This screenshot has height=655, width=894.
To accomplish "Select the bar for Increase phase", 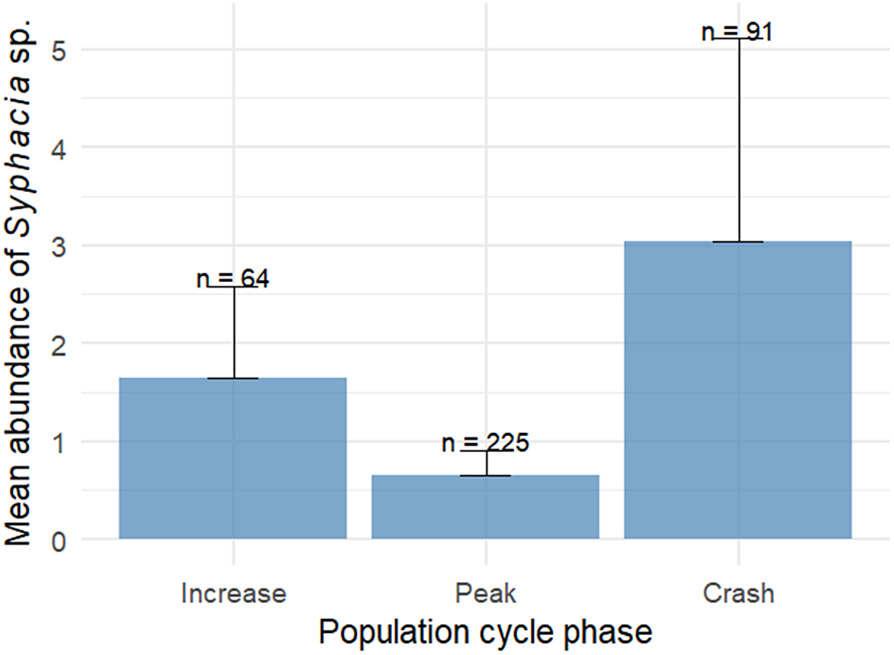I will click(x=233, y=458).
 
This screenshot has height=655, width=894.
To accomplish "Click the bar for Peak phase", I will click(x=485, y=507).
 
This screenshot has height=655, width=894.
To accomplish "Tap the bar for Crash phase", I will click(x=738, y=390).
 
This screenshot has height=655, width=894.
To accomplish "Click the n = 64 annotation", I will click(x=233, y=278).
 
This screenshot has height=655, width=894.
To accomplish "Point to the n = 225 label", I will click(x=485, y=443).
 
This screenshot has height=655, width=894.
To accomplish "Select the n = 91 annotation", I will click(x=738, y=32).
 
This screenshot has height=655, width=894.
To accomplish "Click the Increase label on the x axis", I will click(x=234, y=594).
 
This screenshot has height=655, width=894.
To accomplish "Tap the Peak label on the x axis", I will click(x=485, y=594).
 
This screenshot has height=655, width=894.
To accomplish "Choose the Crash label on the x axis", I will click(x=738, y=594).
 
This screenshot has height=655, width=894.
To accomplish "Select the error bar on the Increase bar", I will click(x=234, y=332).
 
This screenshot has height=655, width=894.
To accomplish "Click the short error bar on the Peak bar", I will click(x=486, y=463).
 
